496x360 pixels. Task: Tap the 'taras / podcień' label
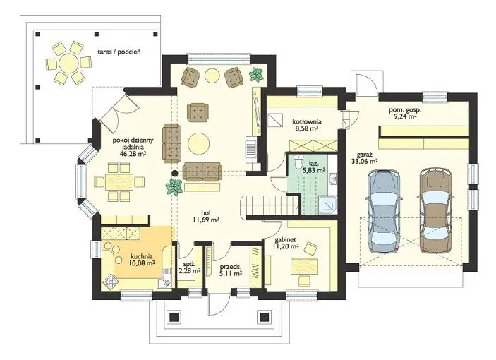pyautogui.click(x=119, y=52)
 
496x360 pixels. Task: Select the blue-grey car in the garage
pyautogui.click(x=384, y=211)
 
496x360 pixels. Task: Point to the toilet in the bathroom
pyautogui.click(x=297, y=162)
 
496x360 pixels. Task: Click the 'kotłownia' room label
pyautogui.click(x=307, y=121)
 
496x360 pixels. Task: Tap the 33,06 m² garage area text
pyautogui.click(x=364, y=162)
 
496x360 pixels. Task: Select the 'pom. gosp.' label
pyautogui.click(x=405, y=110)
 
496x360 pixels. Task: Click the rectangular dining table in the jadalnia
pyautogui.click(x=119, y=181)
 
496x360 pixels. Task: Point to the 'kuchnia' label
pyautogui.click(x=142, y=256)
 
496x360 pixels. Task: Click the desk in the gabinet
pyautogui.click(x=304, y=266)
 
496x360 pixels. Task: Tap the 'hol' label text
pyautogui.click(x=205, y=212)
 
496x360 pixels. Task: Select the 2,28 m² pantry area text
pyautogui.click(x=189, y=270)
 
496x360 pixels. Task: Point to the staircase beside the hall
pyautogui.click(x=270, y=206)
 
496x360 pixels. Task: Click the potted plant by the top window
pyautogui.click(x=256, y=75)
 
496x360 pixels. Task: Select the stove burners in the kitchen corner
pyautogui.click(x=111, y=281)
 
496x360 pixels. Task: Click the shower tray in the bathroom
pyautogui.click(x=328, y=205)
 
